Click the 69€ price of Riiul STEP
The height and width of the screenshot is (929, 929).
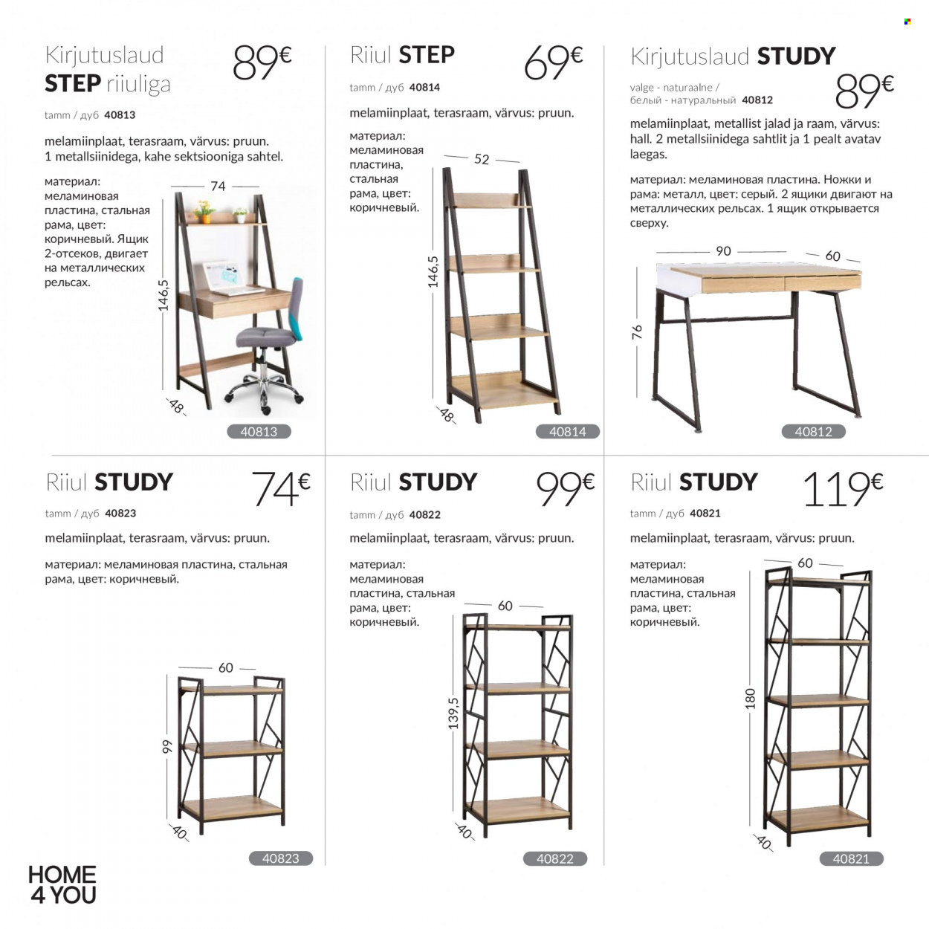point(553,62)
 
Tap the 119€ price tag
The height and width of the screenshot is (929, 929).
point(842,489)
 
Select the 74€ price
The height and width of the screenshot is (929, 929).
point(281,489)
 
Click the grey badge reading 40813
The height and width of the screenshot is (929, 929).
point(259,432)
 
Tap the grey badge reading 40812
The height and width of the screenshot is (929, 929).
point(813,432)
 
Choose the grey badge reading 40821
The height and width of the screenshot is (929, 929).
point(852,858)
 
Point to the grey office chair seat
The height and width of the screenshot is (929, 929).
point(265,337)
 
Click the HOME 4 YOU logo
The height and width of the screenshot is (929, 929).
point(62,884)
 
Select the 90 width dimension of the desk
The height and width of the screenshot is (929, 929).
point(723,251)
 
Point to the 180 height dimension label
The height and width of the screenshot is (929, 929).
point(750,699)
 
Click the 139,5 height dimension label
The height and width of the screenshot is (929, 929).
point(453,713)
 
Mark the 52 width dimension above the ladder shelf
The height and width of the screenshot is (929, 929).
point(482,159)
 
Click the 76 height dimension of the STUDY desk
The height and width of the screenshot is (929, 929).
point(637,331)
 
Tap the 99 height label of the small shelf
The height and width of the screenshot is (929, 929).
point(166,747)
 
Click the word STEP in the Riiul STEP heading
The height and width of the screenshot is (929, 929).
point(427,54)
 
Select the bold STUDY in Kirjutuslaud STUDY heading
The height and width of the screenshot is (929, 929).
point(796,56)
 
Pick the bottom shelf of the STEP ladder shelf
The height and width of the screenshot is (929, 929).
point(503,390)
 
